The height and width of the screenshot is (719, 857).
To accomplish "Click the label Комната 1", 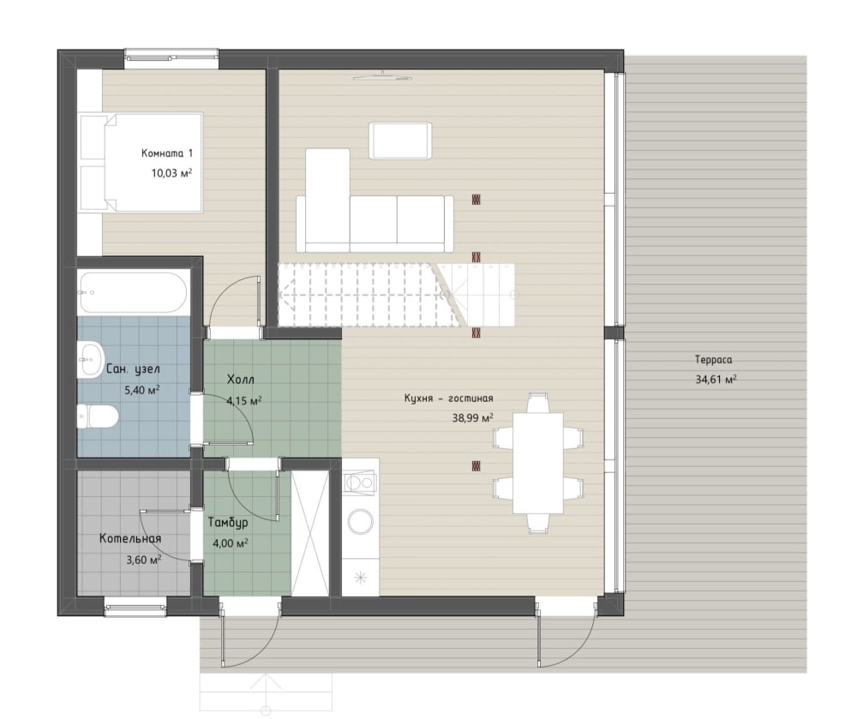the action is pos(167,153).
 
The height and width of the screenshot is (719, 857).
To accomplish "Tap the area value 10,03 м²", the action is pos(171,173).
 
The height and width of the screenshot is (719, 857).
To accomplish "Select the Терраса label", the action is pos(713,360).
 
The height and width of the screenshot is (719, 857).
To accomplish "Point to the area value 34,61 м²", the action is pos(716,379).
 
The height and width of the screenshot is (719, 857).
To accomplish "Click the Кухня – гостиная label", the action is pos(449,398).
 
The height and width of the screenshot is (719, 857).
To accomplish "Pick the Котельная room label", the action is pos(130,539).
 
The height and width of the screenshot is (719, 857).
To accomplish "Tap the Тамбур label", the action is pos(228,522).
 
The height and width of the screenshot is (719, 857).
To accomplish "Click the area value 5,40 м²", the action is pos(142,390).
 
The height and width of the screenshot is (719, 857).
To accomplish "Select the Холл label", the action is pos(241,379).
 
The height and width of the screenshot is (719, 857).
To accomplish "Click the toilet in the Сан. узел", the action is pos(98,416).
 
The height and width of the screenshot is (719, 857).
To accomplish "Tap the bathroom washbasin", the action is pos(90,360).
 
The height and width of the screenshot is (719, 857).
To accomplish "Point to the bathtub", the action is pos(134,292).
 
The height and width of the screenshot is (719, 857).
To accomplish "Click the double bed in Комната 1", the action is pos(141,162).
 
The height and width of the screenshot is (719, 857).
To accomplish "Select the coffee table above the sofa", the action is pos(400,141).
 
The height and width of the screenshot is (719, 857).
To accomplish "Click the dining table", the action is pos(538,464).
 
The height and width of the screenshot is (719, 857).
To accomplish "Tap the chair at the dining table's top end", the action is pos(538,404).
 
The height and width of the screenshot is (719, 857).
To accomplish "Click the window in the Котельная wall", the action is pos(135,607).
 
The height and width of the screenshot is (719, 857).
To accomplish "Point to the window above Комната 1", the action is pos(171,59).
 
